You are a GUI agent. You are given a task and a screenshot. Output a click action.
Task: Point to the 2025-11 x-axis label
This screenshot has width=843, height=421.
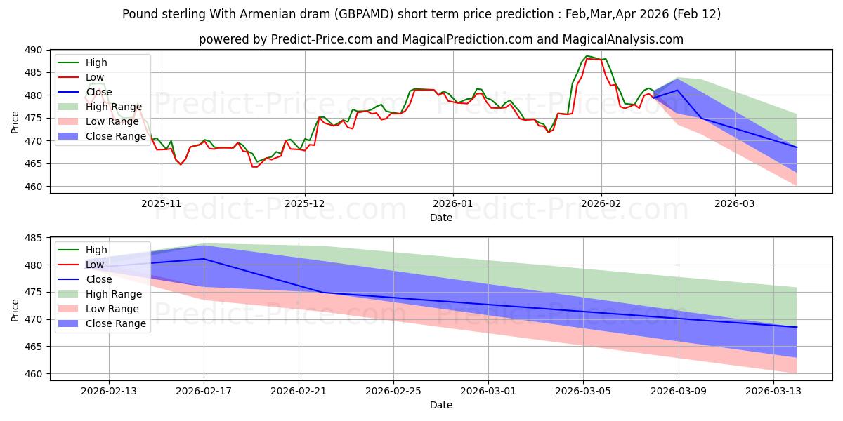click(x=162, y=203)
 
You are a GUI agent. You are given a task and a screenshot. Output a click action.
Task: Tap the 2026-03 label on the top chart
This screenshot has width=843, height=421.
click(x=735, y=203)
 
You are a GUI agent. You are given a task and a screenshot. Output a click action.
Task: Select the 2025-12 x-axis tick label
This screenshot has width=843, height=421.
click(x=305, y=203)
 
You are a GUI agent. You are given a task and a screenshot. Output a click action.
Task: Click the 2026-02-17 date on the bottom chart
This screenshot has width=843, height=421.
click(x=204, y=390)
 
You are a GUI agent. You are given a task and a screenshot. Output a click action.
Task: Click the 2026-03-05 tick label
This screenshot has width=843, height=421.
click(x=583, y=390)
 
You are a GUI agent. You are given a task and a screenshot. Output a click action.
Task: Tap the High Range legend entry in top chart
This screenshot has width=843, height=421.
click(x=113, y=107)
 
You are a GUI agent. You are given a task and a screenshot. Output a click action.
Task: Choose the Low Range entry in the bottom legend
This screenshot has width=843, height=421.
click(x=113, y=309)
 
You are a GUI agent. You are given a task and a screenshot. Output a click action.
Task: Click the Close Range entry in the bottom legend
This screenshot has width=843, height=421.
click(x=117, y=323)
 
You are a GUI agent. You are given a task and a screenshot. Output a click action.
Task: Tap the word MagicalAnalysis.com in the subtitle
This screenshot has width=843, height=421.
click(x=623, y=39)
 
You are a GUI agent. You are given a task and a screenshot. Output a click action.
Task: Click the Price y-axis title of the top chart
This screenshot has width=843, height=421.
click(x=15, y=121)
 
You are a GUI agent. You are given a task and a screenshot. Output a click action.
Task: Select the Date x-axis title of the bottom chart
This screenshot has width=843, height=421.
click(x=440, y=405)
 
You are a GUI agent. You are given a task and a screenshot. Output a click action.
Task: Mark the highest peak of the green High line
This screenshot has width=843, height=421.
click(x=586, y=56)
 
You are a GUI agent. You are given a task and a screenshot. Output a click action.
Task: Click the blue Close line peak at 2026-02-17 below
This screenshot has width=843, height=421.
click(x=204, y=259)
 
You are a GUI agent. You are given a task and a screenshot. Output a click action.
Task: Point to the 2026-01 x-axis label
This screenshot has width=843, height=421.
click(x=453, y=203)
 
